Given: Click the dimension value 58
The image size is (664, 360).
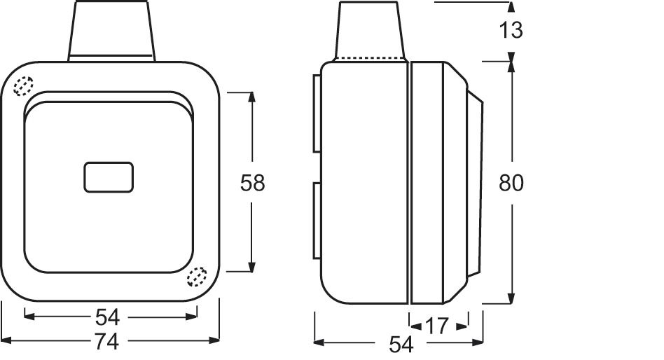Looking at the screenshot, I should pos(252,183).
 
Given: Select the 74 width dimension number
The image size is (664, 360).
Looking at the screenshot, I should pos(107,342).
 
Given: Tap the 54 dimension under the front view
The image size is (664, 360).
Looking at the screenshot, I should pos(107,317).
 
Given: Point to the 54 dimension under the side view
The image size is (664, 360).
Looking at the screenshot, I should pos(400,344).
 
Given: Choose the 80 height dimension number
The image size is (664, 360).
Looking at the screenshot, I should pos(511,183).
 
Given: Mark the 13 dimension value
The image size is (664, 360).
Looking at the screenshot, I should pos(512,30).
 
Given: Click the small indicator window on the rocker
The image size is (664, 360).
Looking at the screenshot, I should pos(109,176).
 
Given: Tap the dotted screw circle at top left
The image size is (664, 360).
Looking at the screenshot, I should pos(24,86).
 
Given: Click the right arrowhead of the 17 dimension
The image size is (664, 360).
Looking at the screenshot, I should pos(462,326).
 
